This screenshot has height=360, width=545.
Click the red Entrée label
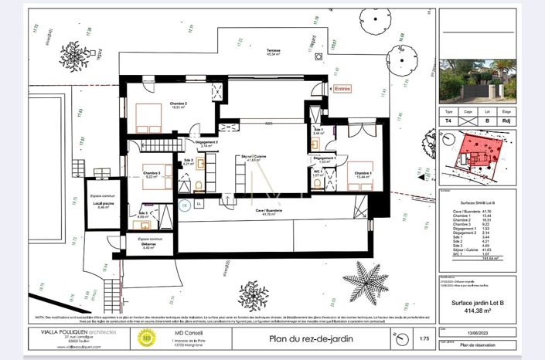tap(342, 89)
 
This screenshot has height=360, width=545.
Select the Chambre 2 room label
tap(158, 104)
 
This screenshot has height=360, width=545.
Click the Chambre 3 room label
tap(152, 175)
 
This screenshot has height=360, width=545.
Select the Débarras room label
tap(149, 246)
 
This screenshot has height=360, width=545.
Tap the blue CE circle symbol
tap(185, 205)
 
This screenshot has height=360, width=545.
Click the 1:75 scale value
tap(423, 338)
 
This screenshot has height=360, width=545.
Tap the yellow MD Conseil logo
tap(145, 337)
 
